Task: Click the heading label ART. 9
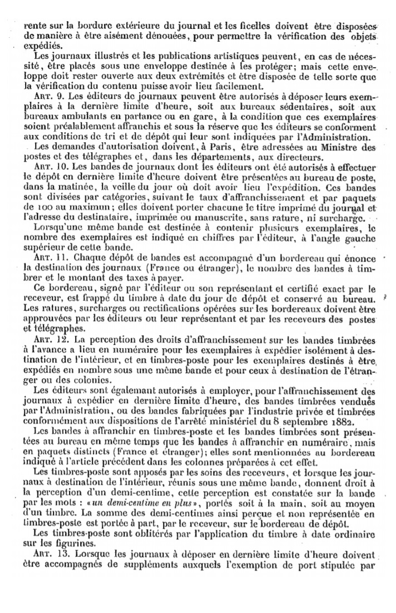[x=46, y=95]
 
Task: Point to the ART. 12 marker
[x=48, y=340]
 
